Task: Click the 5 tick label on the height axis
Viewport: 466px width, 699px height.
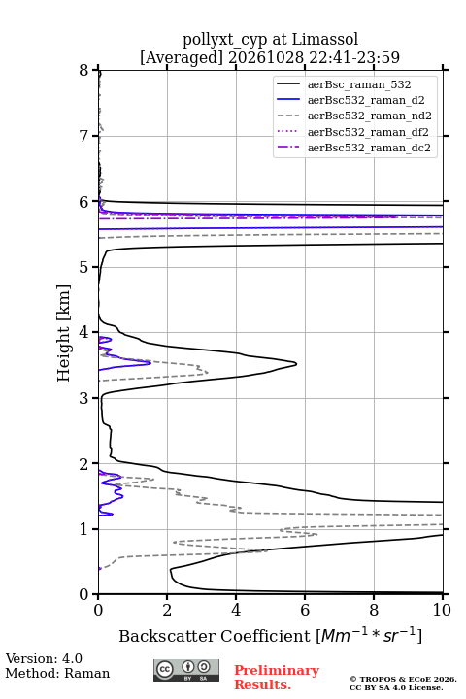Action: point(84,267)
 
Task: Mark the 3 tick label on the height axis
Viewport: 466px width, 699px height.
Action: point(84,398)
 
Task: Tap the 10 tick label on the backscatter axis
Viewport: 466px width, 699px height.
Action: point(442,610)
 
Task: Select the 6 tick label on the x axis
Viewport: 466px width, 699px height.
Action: point(305,610)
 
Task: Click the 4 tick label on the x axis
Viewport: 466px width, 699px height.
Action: point(236,610)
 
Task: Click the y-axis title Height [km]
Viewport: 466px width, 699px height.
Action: point(64,333)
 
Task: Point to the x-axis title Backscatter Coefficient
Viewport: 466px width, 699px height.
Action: point(215,636)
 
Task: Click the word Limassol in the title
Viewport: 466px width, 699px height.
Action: point(325,40)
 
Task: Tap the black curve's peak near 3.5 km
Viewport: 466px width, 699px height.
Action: point(296,364)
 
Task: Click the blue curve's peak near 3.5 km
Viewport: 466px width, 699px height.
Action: point(150,363)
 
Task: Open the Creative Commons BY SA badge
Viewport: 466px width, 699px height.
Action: point(186,670)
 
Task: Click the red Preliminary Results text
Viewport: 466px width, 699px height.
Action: point(277,678)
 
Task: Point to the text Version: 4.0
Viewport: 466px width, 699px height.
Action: point(44,658)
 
